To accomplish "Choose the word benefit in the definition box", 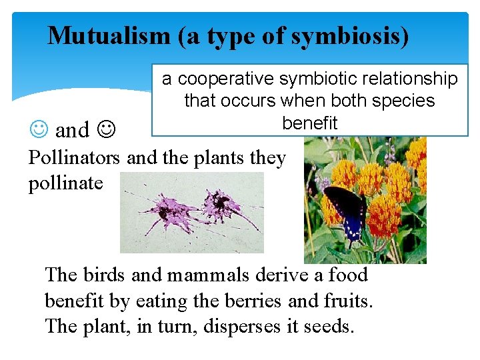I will coord(310,123).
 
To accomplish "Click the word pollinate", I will coord(65,182).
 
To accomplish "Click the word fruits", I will coord(344,301).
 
